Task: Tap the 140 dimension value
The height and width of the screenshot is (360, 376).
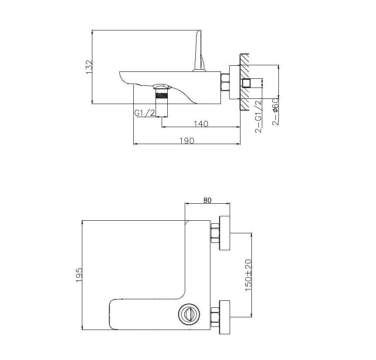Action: click(x=200, y=124)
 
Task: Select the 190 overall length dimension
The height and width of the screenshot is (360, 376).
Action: click(x=186, y=140)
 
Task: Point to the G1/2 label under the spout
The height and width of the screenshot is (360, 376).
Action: click(x=145, y=113)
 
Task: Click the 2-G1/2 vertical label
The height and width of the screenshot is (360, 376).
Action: click(x=258, y=116)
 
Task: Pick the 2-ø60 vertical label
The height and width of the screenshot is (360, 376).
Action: click(x=275, y=112)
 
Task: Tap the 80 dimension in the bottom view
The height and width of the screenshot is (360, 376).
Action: click(x=207, y=200)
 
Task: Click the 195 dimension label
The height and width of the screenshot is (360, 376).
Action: click(x=79, y=275)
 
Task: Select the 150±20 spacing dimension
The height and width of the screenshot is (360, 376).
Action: click(x=249, y=275)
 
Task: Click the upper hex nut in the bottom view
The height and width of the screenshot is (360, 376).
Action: click(x=214, y=233)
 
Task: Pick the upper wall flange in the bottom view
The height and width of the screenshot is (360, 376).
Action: click(x=224, y=233)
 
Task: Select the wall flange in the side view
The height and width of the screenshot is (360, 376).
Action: click(x=235, y=82)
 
